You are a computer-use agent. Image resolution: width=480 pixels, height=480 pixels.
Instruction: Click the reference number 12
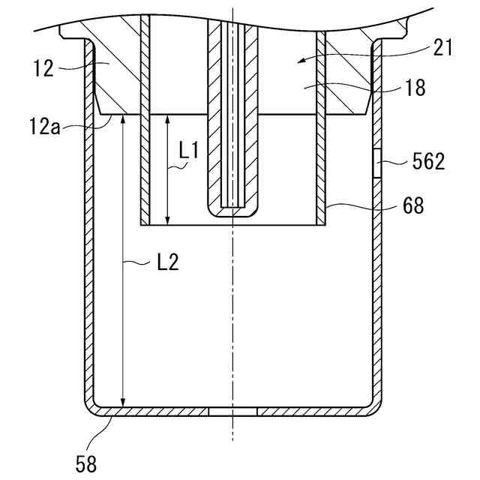coord(43,69)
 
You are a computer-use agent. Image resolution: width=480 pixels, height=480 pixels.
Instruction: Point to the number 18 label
coord(413,87)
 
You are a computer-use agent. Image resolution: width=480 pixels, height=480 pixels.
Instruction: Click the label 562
coord(427,161)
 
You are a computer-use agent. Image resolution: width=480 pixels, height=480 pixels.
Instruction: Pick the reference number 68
coord(412,205)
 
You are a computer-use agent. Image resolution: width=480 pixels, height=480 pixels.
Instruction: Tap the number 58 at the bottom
coord(86,463)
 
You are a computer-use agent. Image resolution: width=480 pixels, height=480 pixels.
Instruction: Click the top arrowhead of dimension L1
coord(167,119)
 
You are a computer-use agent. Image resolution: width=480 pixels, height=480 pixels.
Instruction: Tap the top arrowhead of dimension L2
coord(122,119)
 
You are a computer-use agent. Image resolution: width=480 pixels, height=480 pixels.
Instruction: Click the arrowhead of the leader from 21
coord(301,58)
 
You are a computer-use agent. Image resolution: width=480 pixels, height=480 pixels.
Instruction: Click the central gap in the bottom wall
coord(232,412)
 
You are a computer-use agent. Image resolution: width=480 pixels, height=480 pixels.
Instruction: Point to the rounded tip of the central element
coord(232,212)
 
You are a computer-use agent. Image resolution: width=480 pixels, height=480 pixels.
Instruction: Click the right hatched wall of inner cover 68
coord(322,172)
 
